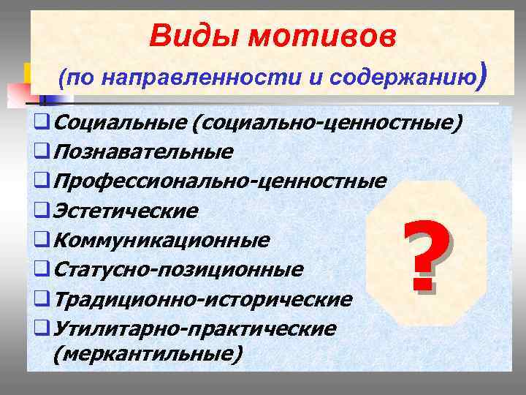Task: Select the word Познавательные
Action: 143,151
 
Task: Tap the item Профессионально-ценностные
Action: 219,181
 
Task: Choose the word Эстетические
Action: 126,211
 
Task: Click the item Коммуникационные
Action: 161,240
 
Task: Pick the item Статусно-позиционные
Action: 178,270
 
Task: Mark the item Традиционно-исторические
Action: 202,299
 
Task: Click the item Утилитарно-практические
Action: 194,328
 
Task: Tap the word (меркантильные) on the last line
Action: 146,353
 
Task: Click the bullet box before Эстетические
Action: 41,211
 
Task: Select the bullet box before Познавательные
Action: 41,152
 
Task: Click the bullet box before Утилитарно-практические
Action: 41,329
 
